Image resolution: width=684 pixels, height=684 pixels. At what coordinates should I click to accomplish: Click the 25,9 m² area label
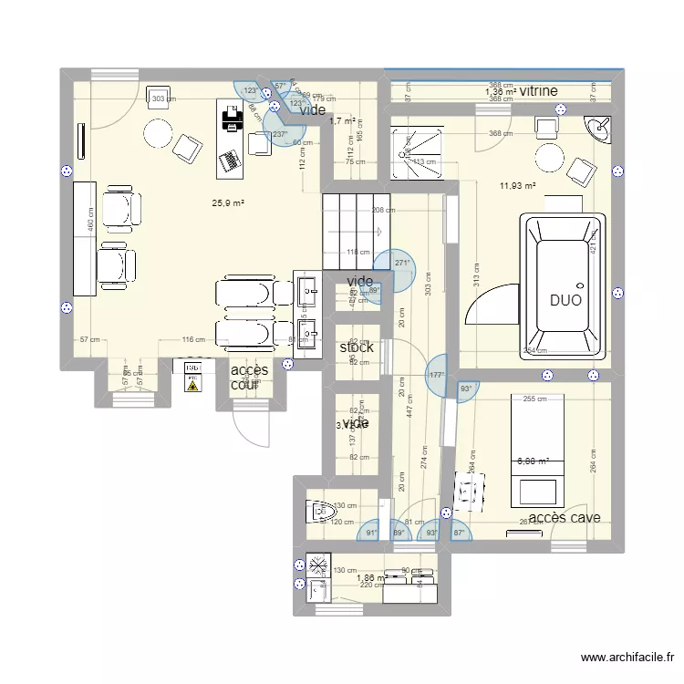click(x=229, y=204)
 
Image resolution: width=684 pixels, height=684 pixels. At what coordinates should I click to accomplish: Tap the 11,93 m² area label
click(x=517, y=187)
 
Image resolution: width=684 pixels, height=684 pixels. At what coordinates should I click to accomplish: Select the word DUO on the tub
click(x=565, y=299)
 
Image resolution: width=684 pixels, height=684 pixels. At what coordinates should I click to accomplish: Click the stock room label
click(x=357, y=347)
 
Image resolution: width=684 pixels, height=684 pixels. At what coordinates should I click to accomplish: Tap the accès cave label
click(x=564, y=518)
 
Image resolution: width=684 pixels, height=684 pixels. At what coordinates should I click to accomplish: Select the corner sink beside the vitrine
click(x=599, y=130)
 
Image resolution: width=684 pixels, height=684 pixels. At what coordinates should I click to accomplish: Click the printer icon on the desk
click(x=232, y=119)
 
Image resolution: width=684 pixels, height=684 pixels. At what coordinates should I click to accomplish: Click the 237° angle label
click(x=281, y=134)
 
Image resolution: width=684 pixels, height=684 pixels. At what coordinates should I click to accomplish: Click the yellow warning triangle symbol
click(x=192, y=385)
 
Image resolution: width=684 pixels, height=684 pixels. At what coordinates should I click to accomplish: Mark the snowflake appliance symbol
click(x=317, y=565)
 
